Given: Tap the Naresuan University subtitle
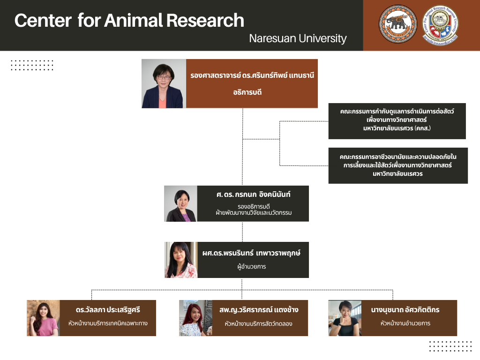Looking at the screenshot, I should coord(298,38).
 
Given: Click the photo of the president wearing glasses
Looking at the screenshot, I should coord(164,83).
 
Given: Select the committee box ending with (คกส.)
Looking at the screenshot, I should coord(397,121).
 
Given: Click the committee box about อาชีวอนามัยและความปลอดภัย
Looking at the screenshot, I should coord(398,165).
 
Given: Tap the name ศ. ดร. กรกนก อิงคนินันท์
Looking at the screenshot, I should coord(254,195).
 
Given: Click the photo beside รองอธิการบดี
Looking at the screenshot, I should coord(180,204).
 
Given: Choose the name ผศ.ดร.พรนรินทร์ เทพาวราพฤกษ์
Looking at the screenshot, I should coord(251,253).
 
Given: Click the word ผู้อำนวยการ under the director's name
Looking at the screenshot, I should coord(252,267).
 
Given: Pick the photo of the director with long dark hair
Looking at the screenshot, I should coord(180,260).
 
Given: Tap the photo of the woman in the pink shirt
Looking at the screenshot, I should coord(43,318).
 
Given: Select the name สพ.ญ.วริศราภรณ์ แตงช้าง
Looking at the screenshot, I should coord(258,310).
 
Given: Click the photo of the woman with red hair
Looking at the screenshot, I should coord(195,318).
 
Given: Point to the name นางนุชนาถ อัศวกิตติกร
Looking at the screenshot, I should coord(405,310).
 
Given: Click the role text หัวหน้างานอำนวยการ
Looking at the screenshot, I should coord(405,323).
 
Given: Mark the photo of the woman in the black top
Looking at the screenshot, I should coord(345,318).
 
